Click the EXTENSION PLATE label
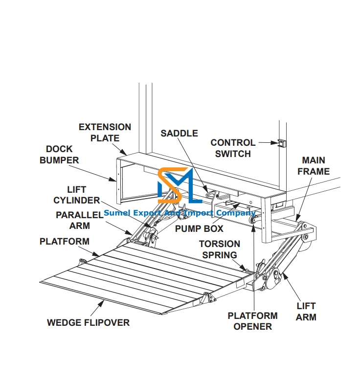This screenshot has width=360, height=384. pos(105,133)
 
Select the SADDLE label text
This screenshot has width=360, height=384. pos(179,133)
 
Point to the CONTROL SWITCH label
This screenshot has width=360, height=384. pos(233,148)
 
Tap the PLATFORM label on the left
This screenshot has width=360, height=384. pos(65,241)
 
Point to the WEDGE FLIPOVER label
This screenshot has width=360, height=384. pos(88,322)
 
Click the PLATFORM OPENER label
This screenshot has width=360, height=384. pos(252,321)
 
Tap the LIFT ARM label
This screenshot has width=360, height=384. pos(306,312)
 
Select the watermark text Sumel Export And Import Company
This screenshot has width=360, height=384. pos(180,213)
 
